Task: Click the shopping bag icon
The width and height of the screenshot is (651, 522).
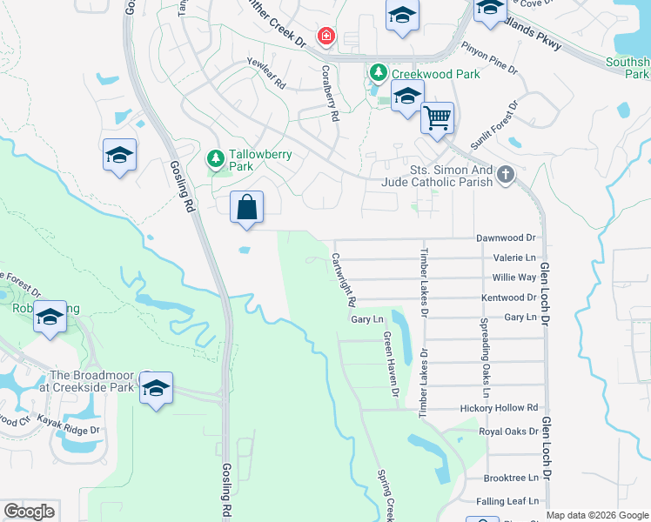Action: coord(247,208)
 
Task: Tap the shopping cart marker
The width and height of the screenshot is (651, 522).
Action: coord(437,117)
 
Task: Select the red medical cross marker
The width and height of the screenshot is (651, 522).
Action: coord(325,37)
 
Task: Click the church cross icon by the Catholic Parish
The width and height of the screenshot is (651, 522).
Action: coord(505,177)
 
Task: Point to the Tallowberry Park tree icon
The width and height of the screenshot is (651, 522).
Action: coord(215,159)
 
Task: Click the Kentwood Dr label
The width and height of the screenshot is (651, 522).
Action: coord(508,298)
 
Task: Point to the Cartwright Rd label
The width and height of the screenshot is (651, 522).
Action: coord(344,279)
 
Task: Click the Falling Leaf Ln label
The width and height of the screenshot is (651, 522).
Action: coord(507,501)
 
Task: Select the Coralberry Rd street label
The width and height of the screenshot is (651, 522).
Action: coord(330,84)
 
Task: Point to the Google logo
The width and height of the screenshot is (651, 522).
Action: coord(29,512)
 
